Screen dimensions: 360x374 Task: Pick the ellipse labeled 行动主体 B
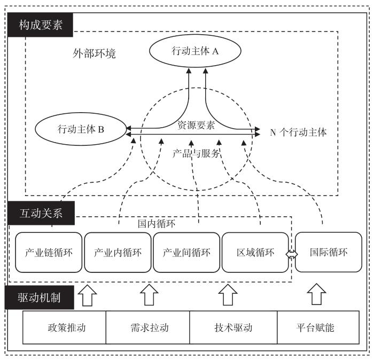[x=81, y=129]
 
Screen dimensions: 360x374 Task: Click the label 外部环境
[x=95, y=54]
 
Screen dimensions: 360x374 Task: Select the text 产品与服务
[x=196, y=153]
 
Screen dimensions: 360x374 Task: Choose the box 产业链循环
[x=49, y=252]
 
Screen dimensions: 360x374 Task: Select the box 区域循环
[x=255, y=252]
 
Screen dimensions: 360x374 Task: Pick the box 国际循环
[x=328, y=252]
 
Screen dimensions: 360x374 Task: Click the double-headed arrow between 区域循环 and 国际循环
[x=292, y=255]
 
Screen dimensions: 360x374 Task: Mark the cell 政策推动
[x=64, y=327]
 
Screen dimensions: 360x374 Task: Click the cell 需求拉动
[x=149, y=327]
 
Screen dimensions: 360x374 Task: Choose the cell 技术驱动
[x=233, y=327]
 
